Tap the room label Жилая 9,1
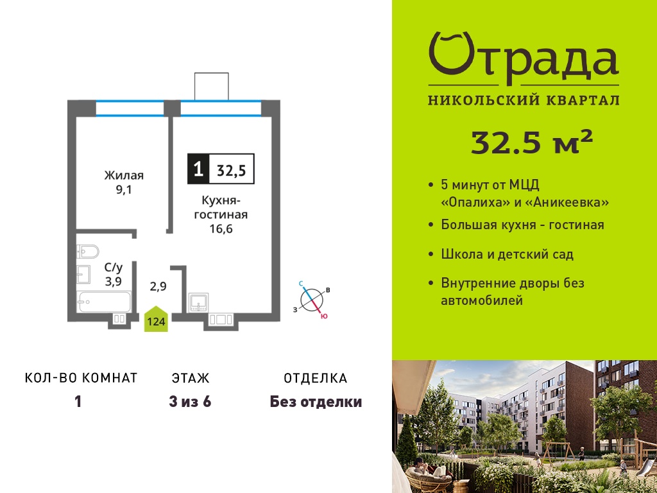pos(124,182)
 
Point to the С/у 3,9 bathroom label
pos(113,274)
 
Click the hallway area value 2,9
pos(158,286)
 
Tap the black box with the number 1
pos(198,169)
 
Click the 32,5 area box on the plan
pos(232,169)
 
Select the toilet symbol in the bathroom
pos(87,252)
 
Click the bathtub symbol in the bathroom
pos(103,302)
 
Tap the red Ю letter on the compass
pos(324,316)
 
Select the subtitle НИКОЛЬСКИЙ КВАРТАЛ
pos(524,101)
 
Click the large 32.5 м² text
pos(532,142)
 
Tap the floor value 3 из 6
pos(190,402)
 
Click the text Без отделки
pos(316,402)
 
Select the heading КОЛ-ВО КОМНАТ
pos(81,378)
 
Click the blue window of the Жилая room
pos(130,108)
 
